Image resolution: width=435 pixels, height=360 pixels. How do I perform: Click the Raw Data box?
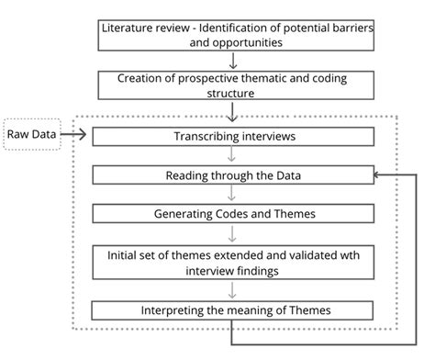coord(31,136)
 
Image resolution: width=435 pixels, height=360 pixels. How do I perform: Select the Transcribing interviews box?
coord(234,137)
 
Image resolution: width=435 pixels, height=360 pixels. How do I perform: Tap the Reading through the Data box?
coord(234,174)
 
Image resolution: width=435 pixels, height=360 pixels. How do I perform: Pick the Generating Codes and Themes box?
coord(234,213)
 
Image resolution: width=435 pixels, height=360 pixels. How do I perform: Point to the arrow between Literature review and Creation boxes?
coord(234,61)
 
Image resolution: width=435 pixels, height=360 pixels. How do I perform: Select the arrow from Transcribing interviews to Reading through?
coord(234,155)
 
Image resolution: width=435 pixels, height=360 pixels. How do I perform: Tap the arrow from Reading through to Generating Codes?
coord(234,194)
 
